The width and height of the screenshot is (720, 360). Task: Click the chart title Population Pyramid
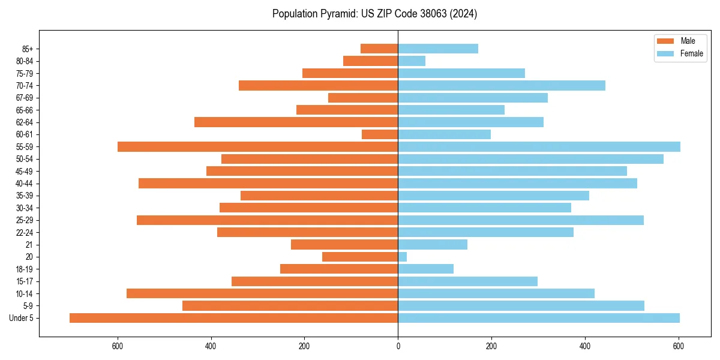[374, 14]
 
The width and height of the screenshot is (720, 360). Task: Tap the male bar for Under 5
[233, 318]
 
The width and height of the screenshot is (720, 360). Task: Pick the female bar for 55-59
[539, 146]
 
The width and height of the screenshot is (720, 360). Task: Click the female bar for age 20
[403, 257]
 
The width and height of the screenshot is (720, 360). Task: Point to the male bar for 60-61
[380, 134]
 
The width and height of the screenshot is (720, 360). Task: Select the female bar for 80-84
[412, 61]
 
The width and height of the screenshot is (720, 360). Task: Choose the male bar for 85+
[379, 49]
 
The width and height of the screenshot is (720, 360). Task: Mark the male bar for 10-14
[262, 293]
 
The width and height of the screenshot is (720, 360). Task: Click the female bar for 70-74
[502, 85]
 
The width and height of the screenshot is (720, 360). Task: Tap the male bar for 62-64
[296, 122]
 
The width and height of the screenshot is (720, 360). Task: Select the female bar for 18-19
[425, 269]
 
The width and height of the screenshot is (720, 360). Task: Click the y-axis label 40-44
[25, 184]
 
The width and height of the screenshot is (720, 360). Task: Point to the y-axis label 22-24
[25, 232]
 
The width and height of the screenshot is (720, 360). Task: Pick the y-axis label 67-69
[25, 98]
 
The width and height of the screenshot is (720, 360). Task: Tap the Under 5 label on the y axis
[22, 318]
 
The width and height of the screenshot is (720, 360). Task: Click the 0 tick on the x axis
[398, 346]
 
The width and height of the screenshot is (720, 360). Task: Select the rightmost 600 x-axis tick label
[679, 346]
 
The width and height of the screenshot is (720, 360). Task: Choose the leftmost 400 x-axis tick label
[211, 346]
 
